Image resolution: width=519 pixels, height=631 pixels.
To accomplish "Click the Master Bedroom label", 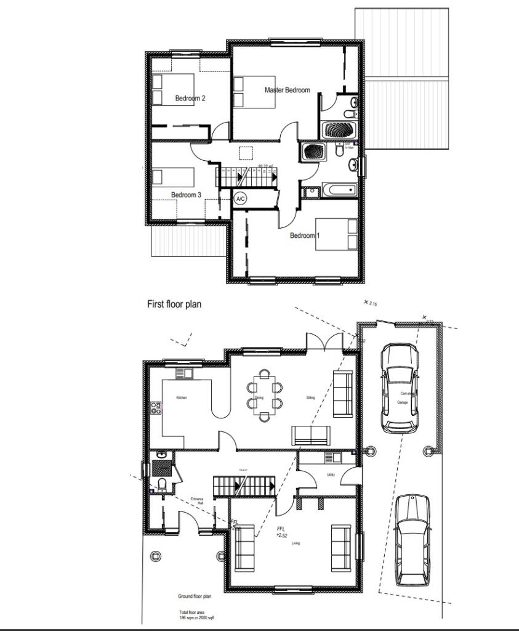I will [287, 90].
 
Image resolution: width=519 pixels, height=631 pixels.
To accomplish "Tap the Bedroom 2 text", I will [190, 98].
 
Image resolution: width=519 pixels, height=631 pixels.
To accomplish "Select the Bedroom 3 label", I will [186, 195].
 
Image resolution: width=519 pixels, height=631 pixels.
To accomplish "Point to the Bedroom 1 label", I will [305, 235].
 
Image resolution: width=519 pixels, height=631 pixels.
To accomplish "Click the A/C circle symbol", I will [241, 199].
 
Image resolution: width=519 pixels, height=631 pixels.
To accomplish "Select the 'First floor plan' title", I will [174, 304].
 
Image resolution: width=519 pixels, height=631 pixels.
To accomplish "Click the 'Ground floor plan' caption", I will [195, 596].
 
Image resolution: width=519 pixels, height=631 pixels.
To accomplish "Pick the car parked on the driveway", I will [411, 540].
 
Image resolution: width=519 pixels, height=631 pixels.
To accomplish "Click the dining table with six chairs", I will [265, 395].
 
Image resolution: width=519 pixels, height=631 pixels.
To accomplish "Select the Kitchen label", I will [181, 397].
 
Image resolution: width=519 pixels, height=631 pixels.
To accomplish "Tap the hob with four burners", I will [156, 409].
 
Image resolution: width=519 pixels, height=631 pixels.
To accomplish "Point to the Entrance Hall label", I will [197, 501].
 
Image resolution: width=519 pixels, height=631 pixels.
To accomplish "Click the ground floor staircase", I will [244, 486].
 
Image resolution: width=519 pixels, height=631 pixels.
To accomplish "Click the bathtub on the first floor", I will [339, 190].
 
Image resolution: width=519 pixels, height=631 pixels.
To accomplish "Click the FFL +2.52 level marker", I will [281, 532].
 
